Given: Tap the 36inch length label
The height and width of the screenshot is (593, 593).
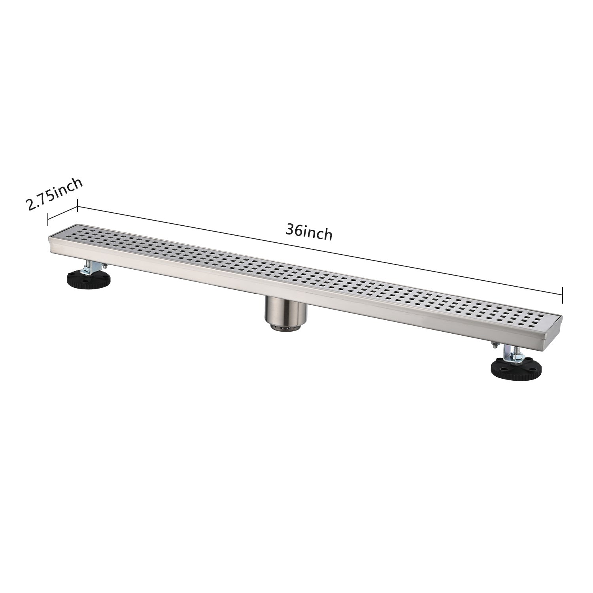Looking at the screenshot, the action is (309, 233).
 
